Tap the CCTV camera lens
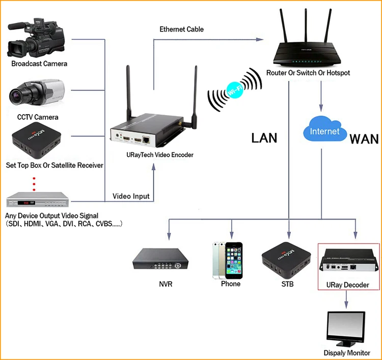coord(16,95)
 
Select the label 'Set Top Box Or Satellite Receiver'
coord(54,165)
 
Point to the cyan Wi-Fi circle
coord(235,90)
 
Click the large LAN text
coord(264,138)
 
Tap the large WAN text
coord(364,140)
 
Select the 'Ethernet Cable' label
coord(181,29)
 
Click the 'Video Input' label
coord(131,197)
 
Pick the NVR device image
coord(160,259)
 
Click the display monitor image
coord(346,329)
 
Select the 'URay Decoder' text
coord(348,285)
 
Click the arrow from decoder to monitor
coord(346,299)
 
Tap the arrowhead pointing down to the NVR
coord(169,236)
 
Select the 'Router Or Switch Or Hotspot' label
coord(308,73)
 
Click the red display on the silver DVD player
coord(26,203)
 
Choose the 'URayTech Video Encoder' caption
coord(160,155)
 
